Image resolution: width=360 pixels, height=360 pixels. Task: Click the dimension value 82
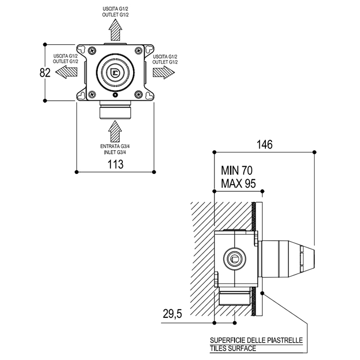tap(45, 73)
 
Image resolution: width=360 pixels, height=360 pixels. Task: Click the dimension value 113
tap(115, 165)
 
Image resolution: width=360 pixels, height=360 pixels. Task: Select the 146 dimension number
tap(264, 145)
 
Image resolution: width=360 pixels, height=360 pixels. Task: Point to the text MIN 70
tap(237, 170)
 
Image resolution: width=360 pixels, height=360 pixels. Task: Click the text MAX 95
tap(238, 183)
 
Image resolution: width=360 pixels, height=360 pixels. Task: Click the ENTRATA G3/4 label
tap(115, 147)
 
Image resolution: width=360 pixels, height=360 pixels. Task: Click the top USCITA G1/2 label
tap(115, 9)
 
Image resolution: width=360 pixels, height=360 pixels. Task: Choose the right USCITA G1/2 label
tap(166, 56)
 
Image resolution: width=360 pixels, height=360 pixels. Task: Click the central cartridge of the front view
tap(115, 72)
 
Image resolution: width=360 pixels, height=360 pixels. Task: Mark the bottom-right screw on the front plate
tap(138, 94)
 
